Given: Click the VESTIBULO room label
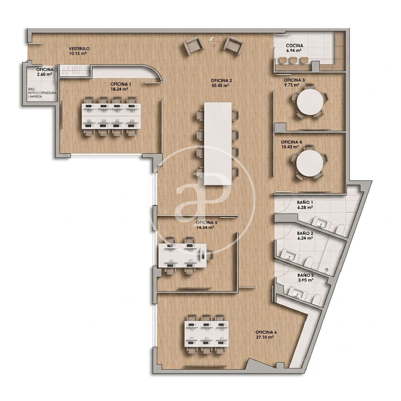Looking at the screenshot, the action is pos(79,48).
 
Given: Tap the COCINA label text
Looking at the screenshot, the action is pos(294,46).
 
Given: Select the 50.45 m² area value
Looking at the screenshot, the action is pos(220,86).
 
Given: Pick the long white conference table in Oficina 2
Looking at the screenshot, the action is pos(218,143).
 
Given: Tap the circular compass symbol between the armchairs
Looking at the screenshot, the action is pos(214,41).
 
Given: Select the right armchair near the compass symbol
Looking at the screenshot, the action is pos(234,45).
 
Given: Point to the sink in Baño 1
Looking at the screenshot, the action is pos(322,222).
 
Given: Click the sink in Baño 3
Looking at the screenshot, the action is pos(298,293).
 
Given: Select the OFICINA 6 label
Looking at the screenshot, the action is pos(266,332).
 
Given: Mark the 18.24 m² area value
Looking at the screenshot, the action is pos(119,89).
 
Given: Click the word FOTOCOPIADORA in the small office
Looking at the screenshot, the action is pos(42,93).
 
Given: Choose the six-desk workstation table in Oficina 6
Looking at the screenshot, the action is pos(207,334).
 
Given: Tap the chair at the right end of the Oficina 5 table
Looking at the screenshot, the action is pos(210,255).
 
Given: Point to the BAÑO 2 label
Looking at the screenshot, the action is pos(305,233).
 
